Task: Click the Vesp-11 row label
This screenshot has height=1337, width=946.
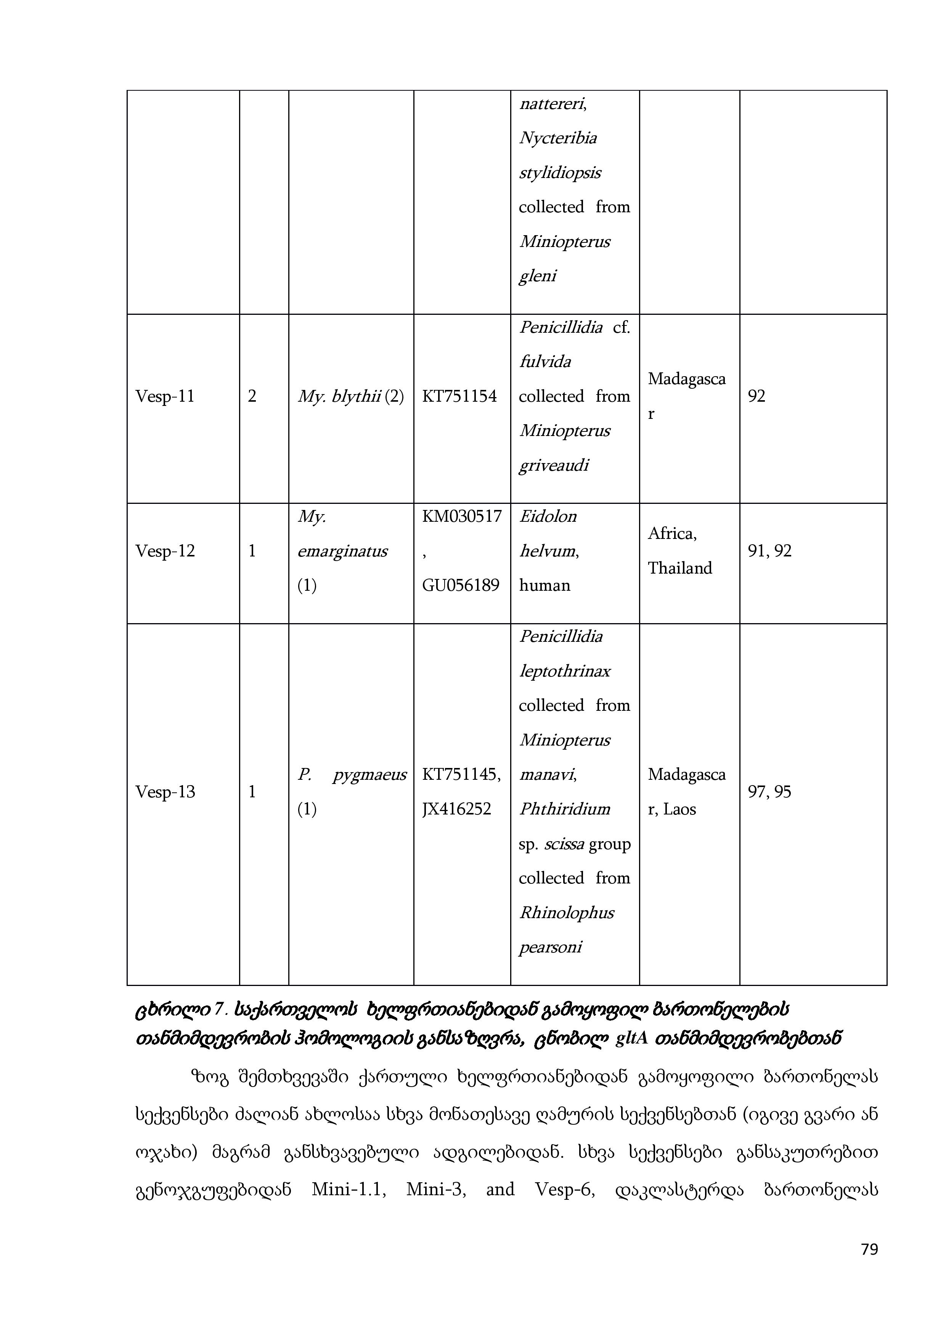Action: click(165, 396)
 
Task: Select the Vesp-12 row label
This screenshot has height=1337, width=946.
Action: click(165, 551)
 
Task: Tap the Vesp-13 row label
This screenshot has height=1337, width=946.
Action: click(165, 792)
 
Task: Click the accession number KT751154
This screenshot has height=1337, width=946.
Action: click(459, 396)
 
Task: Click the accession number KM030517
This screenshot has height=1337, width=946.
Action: click(461, 516)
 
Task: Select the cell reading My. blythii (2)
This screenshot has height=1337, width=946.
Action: click(351, 396)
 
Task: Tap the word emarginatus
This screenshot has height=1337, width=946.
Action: click(342, 551)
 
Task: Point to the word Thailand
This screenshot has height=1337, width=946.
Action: click(680, 568)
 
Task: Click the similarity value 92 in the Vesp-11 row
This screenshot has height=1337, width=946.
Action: click(756, 396)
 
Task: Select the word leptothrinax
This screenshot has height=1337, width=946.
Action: click(564, 672)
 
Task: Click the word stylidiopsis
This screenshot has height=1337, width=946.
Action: click(560, 173)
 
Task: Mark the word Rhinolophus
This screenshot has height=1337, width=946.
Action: click(566, 912)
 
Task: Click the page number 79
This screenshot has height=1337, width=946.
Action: click(869, 1266)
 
